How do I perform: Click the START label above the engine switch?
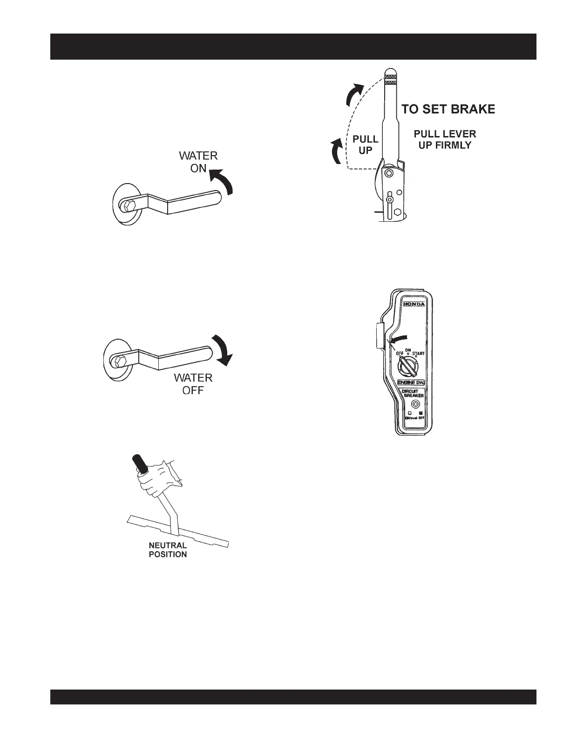418,354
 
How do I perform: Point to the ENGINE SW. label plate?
411,383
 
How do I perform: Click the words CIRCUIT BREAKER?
412,393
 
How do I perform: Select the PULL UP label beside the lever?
366,145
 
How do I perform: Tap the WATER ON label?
198,162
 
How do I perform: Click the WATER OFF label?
193,383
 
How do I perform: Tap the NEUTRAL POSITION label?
168,550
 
